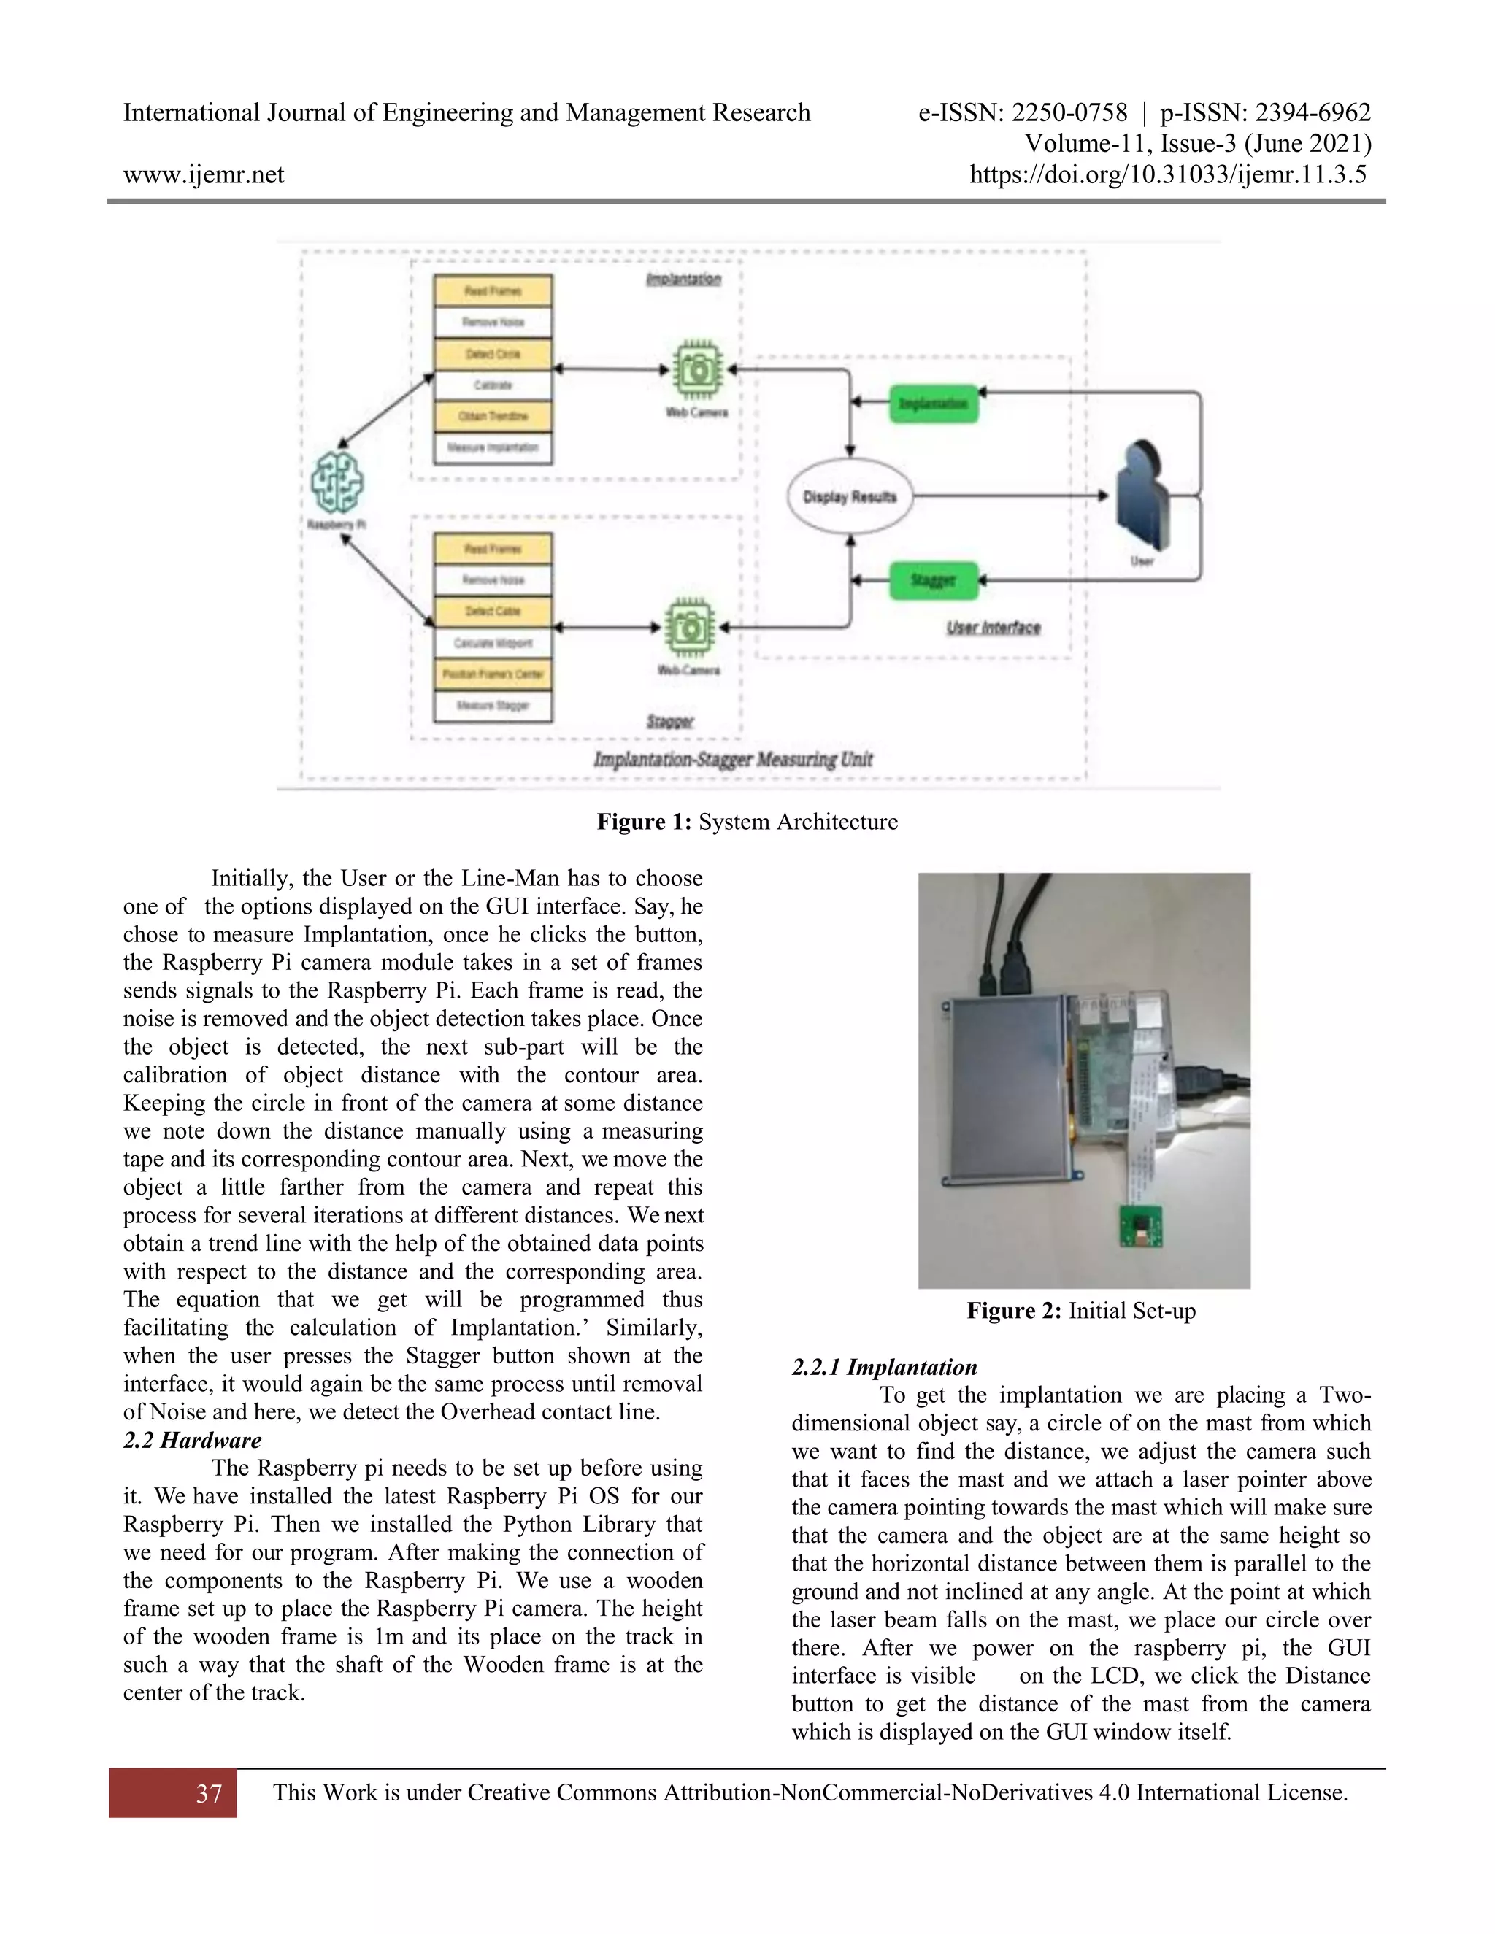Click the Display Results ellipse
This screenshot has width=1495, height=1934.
[850, 497]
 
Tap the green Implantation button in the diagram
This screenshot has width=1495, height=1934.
[934, 404]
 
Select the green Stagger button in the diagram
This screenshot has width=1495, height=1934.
[934, 581]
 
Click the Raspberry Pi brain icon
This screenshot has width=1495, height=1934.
[337, 482]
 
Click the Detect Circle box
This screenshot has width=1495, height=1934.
[493, 354]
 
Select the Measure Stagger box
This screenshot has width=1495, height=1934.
[493, 706]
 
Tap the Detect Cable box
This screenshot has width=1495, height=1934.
[493, 611]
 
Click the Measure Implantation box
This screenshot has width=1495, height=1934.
[493, 448]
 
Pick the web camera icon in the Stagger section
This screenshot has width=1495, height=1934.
[690, 628]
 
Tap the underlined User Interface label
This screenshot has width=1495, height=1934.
[993, 628]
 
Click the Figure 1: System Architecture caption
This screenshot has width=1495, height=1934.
[747, 822]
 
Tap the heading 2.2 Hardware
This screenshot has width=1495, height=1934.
[192, 1440]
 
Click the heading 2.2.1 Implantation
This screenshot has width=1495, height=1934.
[884, 1367]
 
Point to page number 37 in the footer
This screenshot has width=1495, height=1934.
[209, 1793]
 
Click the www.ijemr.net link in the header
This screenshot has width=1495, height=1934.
[204, 174]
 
